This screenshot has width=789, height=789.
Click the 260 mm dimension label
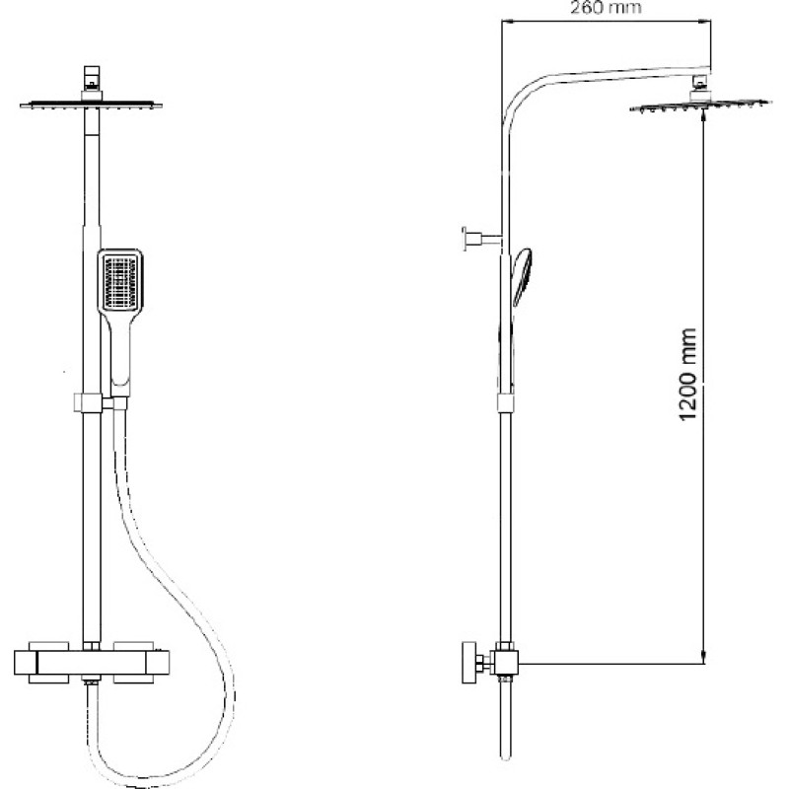(606, 7)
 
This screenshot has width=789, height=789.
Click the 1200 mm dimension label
(687, 375)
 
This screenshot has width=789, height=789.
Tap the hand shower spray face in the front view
(119, 283)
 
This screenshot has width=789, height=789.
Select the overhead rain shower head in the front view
(91, 105)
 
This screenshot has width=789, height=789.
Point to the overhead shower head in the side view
(700, 106)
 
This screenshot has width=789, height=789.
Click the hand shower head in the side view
(522, 276)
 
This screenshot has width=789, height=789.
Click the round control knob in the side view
(469, 663)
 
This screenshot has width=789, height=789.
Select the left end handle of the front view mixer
(27, 663)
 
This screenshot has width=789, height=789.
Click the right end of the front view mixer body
(158, 663)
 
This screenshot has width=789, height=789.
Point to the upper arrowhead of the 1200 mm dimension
(703, 115)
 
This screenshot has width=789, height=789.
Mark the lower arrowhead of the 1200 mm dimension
(703, 657)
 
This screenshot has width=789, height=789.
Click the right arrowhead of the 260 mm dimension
(705, 21)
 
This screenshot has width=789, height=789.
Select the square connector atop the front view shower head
(92, 77)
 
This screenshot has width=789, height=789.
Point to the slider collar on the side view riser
(506, 402)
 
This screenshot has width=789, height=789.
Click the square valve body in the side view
(506, 662)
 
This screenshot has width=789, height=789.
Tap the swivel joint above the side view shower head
(699, 87)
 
